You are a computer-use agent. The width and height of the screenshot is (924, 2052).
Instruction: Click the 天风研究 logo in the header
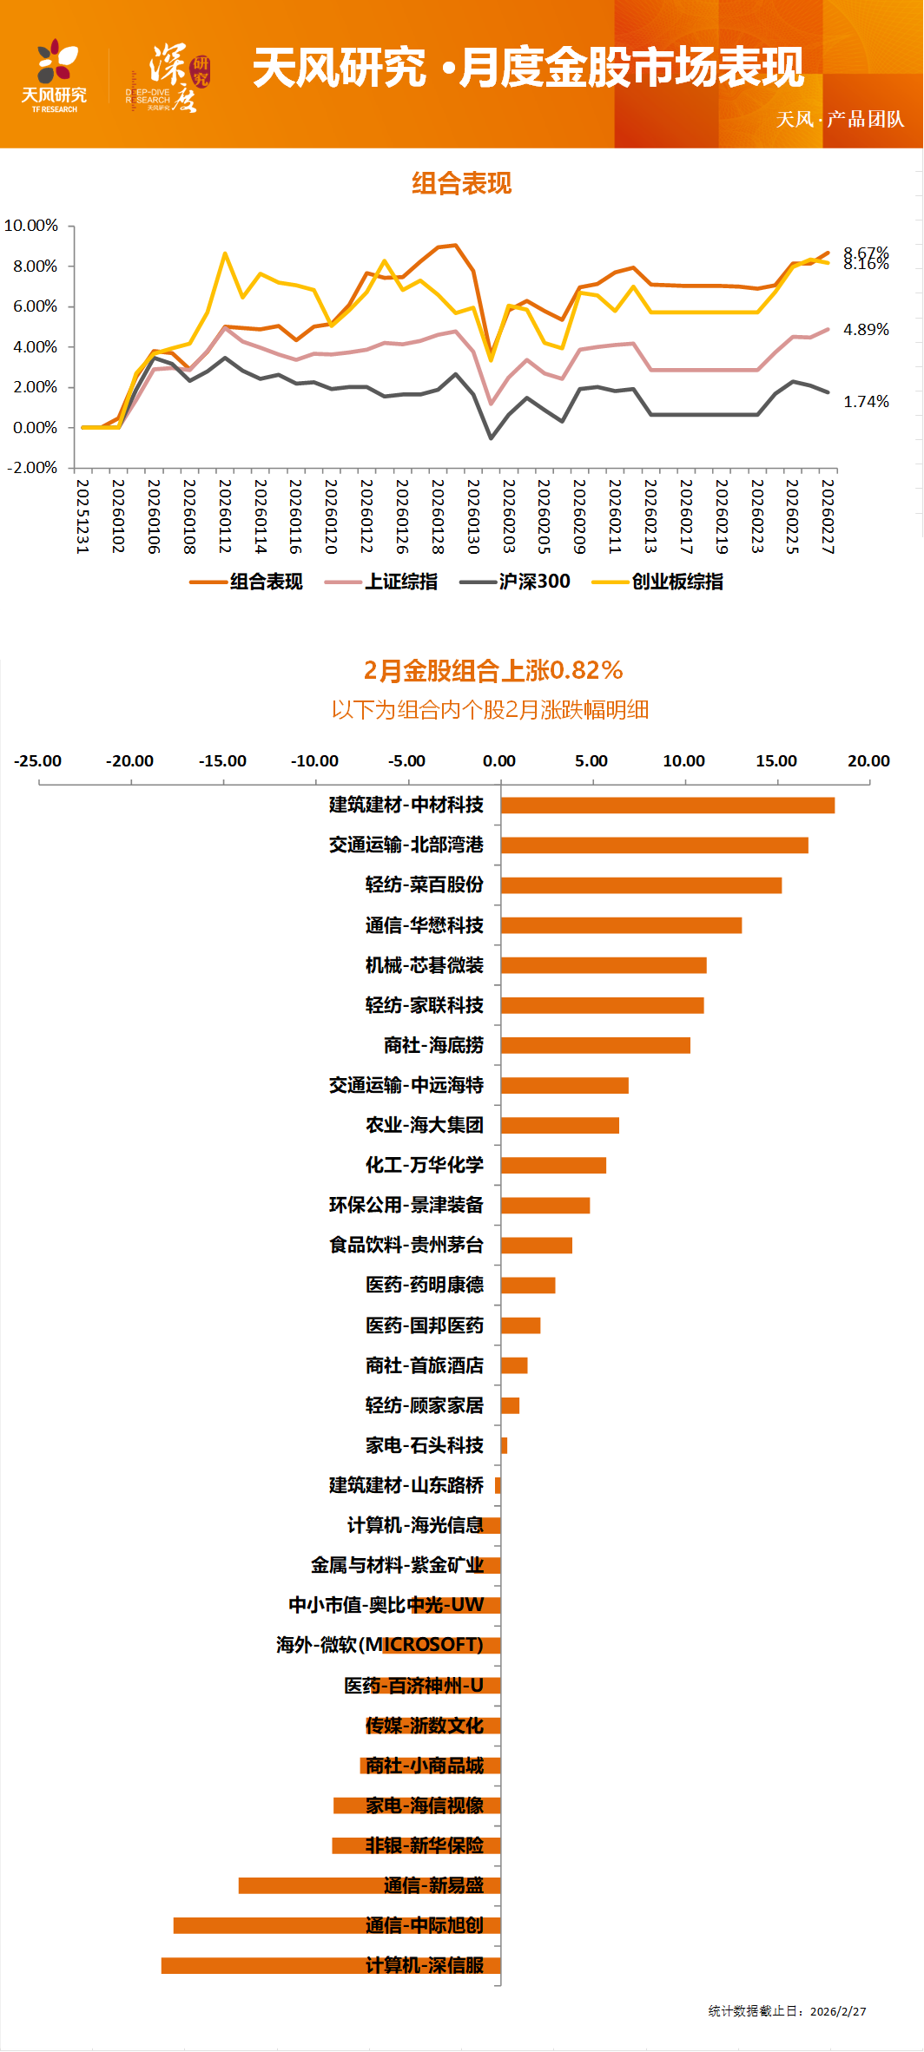54,76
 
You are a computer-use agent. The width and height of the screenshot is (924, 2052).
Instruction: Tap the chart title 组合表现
461,183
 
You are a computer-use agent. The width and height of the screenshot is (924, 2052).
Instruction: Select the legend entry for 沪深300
516,582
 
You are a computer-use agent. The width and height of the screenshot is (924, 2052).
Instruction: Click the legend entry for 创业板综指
658,582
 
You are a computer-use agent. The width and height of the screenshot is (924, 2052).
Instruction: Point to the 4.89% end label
866,330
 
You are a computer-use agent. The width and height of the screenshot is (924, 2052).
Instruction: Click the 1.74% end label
866,402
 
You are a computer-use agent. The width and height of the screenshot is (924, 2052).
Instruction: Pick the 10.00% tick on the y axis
31,226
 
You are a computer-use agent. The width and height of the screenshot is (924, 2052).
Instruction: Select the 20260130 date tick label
473,516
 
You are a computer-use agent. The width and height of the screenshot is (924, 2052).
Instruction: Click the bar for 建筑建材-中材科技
667,806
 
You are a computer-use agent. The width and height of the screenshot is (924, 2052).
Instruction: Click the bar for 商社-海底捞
595,1045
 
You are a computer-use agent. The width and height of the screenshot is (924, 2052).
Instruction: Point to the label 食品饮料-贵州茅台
406,1245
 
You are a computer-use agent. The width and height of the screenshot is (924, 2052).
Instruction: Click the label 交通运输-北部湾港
406,845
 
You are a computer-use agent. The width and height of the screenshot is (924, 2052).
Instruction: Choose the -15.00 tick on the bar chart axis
222,761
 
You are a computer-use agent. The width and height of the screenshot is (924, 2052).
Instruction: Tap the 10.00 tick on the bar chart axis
683,761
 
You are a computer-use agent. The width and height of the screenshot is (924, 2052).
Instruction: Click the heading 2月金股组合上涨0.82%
492,670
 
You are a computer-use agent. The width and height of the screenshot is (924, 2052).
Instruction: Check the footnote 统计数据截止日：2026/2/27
787,2011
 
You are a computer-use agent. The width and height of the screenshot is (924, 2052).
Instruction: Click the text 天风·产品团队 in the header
839,119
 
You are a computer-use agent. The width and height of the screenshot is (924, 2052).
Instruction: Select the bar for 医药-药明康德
527,1286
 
